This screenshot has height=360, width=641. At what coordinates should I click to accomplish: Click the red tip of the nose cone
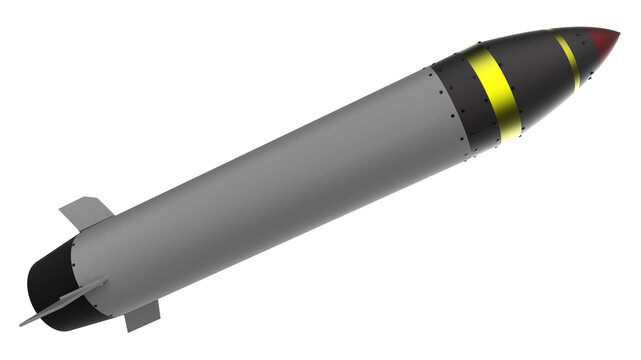(603, 41)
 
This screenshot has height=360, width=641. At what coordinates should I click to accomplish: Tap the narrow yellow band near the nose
(569, 58)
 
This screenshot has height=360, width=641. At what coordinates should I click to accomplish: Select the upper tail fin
(85, 212)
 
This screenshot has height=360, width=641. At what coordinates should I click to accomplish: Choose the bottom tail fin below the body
(143, 316)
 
